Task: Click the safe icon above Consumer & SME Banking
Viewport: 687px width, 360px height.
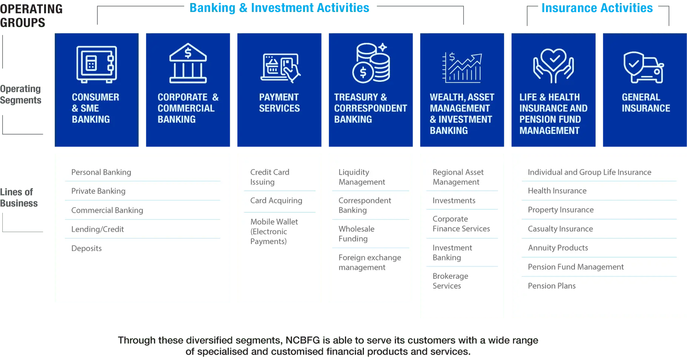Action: pyautogui.click(x=97, y=64)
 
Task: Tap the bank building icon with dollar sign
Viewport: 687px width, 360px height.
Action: pyautogui.click(x=188, y=63)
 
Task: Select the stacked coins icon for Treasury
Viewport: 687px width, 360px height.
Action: pyautogui.click(x=371, y=63)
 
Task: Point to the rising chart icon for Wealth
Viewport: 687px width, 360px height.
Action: pyautogui.click(x=462, y=67)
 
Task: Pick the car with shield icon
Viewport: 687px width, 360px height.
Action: pyautogui.click(x=644, y=67)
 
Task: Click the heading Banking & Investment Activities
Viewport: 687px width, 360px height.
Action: pyautogui.click(x=279, y=8)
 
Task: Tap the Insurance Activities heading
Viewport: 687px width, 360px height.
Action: pyautogui.click(x=597, y=8)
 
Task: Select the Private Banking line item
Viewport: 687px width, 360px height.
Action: pyautogui.click(x=98, y=191)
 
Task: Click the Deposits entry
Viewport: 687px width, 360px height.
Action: pyautogui.click(x=86, y=248)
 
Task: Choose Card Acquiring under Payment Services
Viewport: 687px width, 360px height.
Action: pyautogui.click(x=276, y=200)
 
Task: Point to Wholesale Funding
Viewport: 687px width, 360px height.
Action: pyautogui.click(x=356, y=234)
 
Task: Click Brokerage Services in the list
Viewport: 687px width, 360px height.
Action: pyautogui.click(x=450, y=281)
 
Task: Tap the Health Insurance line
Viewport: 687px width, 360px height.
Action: pyautogui.click(x=557, y=191)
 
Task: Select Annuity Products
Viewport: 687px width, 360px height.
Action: pyautogui.click(x=558, y=248)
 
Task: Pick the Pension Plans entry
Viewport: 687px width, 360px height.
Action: pyautogui.click(x=551, y=286)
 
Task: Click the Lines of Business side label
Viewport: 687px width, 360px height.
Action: pyautogui.click(x=19, y=197)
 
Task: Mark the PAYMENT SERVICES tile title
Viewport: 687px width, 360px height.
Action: pyautogui.click(x=279, y=103)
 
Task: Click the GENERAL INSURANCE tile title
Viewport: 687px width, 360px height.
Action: pyautogui.click(x=646, y=103)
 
